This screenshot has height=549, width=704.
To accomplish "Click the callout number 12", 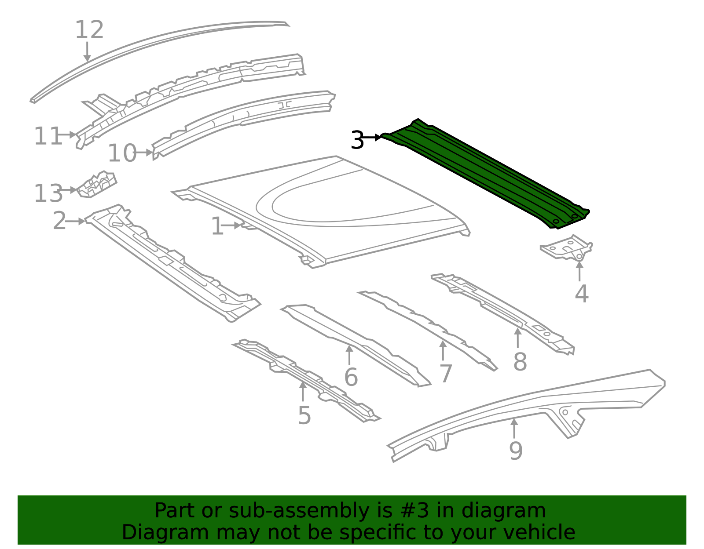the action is pos(89,30).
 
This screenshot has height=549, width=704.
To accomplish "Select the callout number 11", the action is pos(48,136).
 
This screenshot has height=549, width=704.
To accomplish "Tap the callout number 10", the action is pos(122,153).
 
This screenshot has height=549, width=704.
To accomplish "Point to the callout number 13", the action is pos(48,193).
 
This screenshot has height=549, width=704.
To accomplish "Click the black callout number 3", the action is pos(357,140).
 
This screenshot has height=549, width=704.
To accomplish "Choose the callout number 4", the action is pos(582,294).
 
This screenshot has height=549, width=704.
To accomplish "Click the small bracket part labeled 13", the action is pos(96,185).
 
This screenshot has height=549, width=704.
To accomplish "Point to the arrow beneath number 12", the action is pos(87,51).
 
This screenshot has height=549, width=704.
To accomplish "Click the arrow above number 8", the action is pos(518,338).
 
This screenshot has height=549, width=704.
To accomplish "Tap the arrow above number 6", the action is pos(349,355).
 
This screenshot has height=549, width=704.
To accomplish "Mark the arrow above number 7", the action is pos(443,350).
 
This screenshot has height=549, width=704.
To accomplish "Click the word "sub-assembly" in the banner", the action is pos(299,510).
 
